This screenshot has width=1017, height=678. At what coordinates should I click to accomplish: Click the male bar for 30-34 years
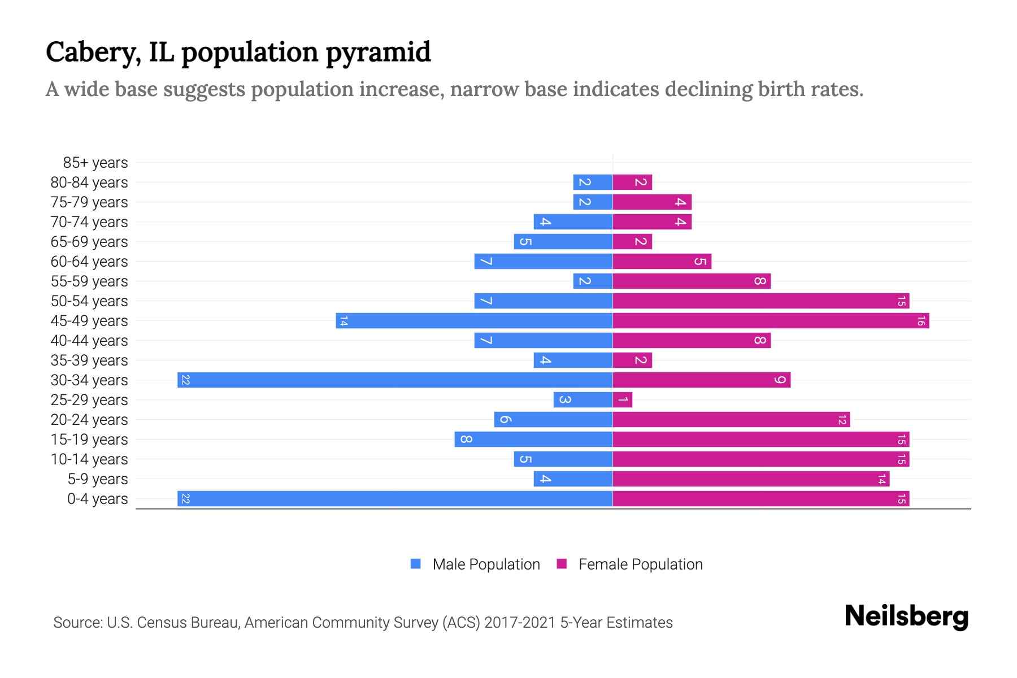[395, 380]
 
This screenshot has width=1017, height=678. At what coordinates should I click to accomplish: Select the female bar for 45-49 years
[771, 320]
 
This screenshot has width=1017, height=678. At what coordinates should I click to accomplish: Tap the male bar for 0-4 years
[395, 498]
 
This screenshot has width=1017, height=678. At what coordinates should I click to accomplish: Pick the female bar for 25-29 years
[623, 399]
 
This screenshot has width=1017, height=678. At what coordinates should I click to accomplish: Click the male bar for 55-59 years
[593, 281]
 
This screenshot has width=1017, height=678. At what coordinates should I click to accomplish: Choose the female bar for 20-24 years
[731, 419]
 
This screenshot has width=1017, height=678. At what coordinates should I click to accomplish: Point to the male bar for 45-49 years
[475, 320]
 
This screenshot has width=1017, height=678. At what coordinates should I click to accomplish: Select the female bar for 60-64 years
[662, 261]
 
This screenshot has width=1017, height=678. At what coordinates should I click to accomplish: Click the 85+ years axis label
[95, 163]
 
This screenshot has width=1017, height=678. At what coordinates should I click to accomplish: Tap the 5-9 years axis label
[98, 479]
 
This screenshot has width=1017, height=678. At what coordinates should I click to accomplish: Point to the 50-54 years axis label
[89, 301]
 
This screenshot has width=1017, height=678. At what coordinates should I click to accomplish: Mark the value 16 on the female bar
[921, 320]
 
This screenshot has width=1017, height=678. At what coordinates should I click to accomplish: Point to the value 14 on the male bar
[344, 320]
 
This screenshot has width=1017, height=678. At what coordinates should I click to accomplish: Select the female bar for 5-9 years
[751, 479]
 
